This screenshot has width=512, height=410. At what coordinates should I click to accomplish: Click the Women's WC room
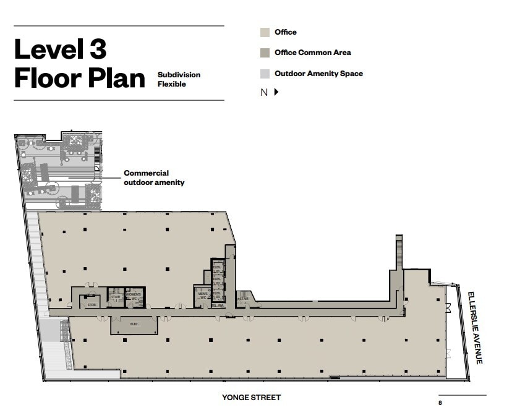tap(134, 297)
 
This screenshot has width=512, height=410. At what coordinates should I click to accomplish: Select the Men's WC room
tap(203, 296)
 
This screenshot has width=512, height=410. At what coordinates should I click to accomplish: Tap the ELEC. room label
tap(134, 323)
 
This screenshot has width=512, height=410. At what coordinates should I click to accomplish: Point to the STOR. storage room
tap(92, 303)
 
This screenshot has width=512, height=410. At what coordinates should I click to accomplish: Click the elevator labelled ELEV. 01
tap(217, 269)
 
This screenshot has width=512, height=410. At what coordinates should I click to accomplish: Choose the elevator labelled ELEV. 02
tap(217, 282)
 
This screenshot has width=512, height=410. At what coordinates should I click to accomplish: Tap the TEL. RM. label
tap(217, 305)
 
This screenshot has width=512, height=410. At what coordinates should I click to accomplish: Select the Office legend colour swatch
tap(265, 32)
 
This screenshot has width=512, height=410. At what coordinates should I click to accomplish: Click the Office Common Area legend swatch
tap(265, 53)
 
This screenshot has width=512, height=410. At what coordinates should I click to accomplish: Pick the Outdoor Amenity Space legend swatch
tap(265, 74)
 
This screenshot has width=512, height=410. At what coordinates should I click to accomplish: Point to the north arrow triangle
tap(276, 92)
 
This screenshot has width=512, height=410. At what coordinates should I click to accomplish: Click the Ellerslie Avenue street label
tap(474, 328)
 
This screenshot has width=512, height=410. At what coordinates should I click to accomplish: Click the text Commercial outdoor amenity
tap(153, 177)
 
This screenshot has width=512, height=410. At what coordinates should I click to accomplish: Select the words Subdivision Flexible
tap(179, 79)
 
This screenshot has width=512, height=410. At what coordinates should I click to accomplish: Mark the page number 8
tap(440, 402)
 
